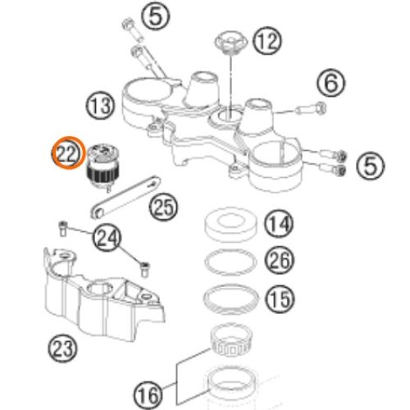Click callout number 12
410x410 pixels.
click(x=267, y=41)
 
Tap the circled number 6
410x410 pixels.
click(x=331, y=83)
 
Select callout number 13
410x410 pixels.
click(x=101, y=106)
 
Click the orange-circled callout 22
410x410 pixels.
click(x=67, y=153)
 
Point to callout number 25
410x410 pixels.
click(x=163, y=207)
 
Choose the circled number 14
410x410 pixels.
click(x=279, y=224)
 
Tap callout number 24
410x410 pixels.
click(x=107, y=237)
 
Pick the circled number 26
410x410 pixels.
click(x=279, y=260)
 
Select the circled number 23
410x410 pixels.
click(x=63, y=348)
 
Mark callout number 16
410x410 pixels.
click(x=148, y=395)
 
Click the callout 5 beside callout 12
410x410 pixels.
click(x=156, y=16)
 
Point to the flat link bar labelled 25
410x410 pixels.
click(x=125, y=197)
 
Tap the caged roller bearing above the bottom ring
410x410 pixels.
click(x=231, y=341)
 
